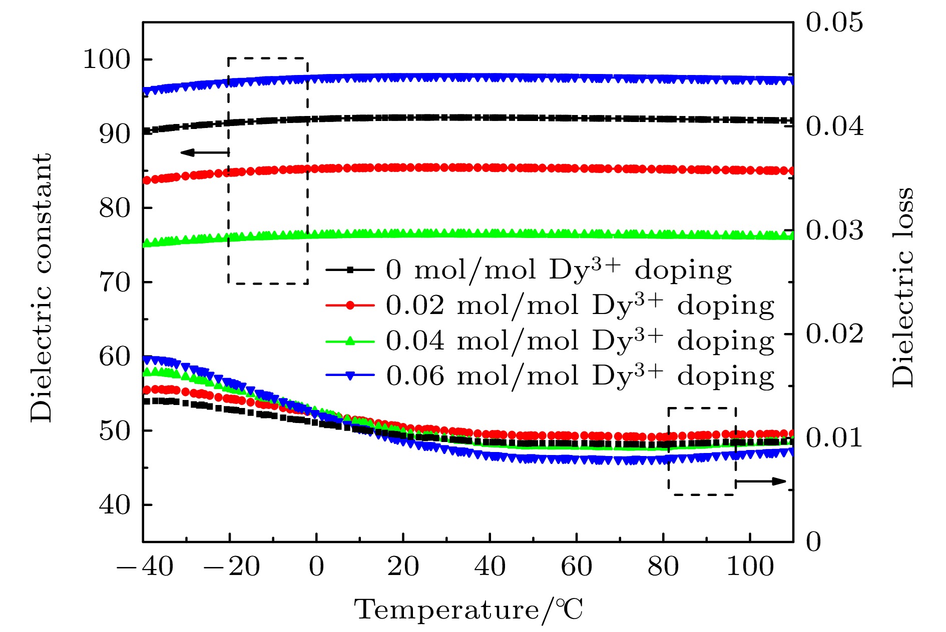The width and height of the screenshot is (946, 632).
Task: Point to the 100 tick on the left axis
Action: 106,59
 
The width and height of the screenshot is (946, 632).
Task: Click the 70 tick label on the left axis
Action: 114,282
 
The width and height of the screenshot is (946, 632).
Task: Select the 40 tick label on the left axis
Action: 114,505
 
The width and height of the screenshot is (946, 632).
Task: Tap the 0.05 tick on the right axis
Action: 834,22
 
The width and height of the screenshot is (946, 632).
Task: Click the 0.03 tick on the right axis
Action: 834,230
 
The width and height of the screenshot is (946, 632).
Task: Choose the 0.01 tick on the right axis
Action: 834,438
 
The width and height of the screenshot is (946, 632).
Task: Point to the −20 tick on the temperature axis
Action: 230,567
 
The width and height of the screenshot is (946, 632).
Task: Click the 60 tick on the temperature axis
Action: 576,567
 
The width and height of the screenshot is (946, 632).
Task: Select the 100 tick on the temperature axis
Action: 750,567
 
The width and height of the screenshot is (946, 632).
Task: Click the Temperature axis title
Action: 468,610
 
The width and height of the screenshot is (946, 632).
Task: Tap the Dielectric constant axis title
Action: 41,288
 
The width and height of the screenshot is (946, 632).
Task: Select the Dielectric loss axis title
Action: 903,287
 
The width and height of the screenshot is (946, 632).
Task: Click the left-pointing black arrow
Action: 204,152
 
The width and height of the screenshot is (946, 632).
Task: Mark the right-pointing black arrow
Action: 761,481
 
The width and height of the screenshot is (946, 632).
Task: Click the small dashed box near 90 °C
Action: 702,451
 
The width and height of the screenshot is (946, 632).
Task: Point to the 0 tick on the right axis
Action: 814,542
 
